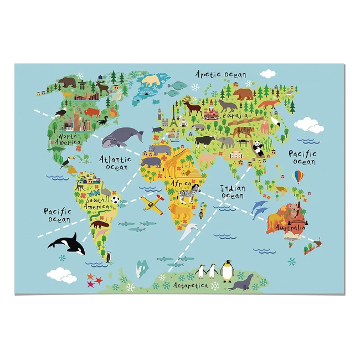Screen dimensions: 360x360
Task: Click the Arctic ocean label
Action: coord(221,74)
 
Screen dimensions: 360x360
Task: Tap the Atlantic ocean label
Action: coord(115,162)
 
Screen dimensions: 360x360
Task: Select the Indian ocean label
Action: coord(233,192)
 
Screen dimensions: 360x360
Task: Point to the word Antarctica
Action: coord(190,285)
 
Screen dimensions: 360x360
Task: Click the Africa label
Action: coord(181,183)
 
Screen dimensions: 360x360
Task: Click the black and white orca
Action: coord(66,242)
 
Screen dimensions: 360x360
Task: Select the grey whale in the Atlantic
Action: coord(122,136)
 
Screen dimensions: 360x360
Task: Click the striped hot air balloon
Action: coord(299,177)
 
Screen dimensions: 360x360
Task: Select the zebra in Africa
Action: coord(186,196)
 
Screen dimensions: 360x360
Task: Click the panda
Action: coord(258,147)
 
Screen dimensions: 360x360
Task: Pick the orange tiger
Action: coord(244,132)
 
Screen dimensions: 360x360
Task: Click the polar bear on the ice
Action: coord(150,81)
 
